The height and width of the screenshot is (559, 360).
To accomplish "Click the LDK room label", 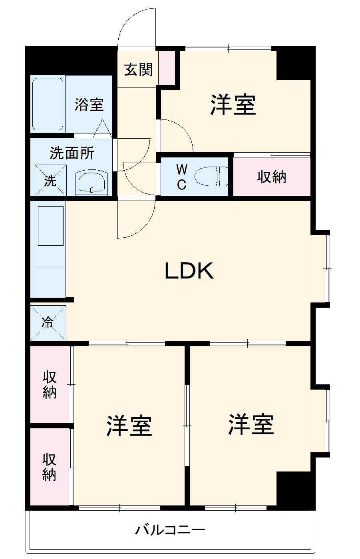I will pyautogui.click(x=189, y=271).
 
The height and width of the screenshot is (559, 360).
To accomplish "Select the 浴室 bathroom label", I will pyautogui.click(x=89, y=105).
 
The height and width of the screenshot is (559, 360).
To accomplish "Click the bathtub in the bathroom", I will pyautogui.click(x=48, y=104).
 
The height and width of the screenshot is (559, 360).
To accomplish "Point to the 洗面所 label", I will pyautogui.click(x=72, y=153).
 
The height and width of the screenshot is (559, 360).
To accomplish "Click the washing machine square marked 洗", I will pyautogui.click(x=50, y=181).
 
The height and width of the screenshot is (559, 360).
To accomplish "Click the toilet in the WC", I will pyautogui.click(x=212, y=176).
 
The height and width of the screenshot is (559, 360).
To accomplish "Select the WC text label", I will pyautogui.click(x=182, y=177).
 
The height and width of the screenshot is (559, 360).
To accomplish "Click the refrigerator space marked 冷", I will pyautogui.click(x=48, y=323).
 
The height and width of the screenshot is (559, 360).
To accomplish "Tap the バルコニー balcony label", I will pyautogui.click(x=170, y=530).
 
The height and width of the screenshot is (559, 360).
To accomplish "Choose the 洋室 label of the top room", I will pyautogui.click(x=233, y=105).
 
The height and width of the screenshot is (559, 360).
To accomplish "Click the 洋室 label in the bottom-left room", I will pyautogui.click(x=129, y=426).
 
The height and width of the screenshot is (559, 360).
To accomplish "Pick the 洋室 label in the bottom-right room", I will pyautogui.click(x=251, y=424).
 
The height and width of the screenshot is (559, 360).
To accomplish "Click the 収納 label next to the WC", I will pyautogui.click(x=272, y=176).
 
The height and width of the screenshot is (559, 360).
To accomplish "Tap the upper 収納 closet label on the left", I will pyautogui.click(x=50, y=384).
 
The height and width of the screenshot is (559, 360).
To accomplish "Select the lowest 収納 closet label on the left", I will pyautogui.click(x=50, y=467).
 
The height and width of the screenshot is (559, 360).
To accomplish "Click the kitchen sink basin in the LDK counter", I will pyautogui.click(x=50, y=226).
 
